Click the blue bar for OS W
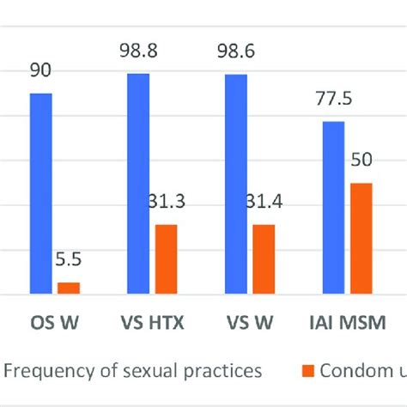pos(41,193)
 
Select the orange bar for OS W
pos(68,289)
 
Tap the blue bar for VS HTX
pos(138,184)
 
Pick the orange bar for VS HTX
pos(166,259)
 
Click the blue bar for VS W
pos(236,185)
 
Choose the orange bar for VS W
pos(264,259)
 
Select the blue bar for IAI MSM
pos(333,208)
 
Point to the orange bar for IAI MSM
pos(361,239)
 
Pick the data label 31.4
pos(264,206)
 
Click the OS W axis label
pos(54,325)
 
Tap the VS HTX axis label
pos(152,325)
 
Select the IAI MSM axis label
pos(347,325)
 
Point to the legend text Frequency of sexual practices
pos(133,371)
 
